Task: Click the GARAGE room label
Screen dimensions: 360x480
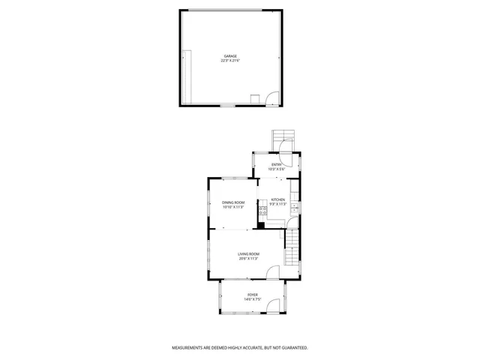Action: pyautogui.click(x=229, y=55)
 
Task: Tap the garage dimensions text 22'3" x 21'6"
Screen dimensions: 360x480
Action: pyautogui.click(x=229, y=60)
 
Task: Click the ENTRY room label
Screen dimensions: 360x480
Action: pyautogui.click(x=277, y=164)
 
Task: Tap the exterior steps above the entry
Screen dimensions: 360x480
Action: pyautogui.click(x=283, y=136)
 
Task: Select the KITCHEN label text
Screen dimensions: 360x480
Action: pyautogui.click(x=278, y=199)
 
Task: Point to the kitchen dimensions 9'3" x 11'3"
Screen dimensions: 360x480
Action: pyautogui.click(x=278, y=204)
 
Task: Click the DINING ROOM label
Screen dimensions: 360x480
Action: pyautogui.click(x=233, y=202)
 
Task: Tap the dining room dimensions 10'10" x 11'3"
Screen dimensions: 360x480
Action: pyautogui.click(x=233, y=207)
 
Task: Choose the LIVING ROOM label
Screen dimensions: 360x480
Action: pyautogui.click(x=249, y=255)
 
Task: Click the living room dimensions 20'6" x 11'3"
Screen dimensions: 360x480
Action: pyautogui.click(x=249, y=259)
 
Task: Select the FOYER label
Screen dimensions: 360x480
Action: pyautogui.click(x=252, y=295)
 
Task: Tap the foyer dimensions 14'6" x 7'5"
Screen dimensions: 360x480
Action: pyautogui.click(x=252, y=299)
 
